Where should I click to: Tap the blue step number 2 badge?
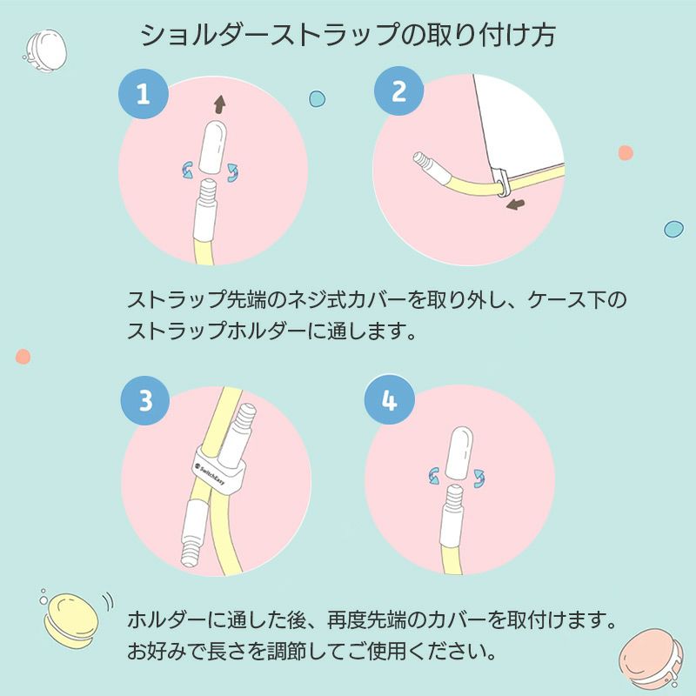pyautogui.click(x=398, y=91)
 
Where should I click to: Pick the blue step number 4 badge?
pyautogui.click(x=389, y=401)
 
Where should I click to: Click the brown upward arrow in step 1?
pyautogui.click(x=218, y=104)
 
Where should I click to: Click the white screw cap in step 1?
pyautogui.click(x=211, y=146)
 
